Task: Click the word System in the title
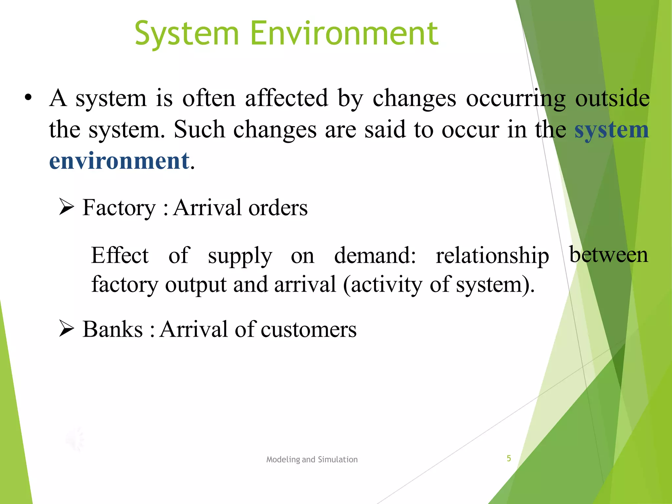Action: pyautogui.click(x=187, y=33)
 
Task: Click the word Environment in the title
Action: pyautogui.click(x=344, y=33)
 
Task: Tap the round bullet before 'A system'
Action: pyautogui.click(x=28, y=98)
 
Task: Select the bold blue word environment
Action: pyautogui.click(x=119, y=161)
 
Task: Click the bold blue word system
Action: pyautogui.click(x=612, y=130)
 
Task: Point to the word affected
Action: pyautogui.click(x=286, y=98)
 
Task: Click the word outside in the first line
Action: pyautogui.click(x=612, y=98)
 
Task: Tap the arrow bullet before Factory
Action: pyautogui.click(x=67, y=207)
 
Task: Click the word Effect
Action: pyautogui.click(x=120, y=255)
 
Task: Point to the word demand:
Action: pyautogui.click(x=375, y=255)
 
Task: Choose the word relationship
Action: pyautogui.click(x=492, y=255)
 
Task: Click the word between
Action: pyautogui.click(x=609, y=254)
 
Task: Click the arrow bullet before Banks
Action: pyautogui.click(x=67, y=329)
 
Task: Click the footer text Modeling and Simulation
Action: pyautogui.click(x=312, y=459)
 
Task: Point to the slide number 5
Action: pyautogui.click(x=509, y=458)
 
